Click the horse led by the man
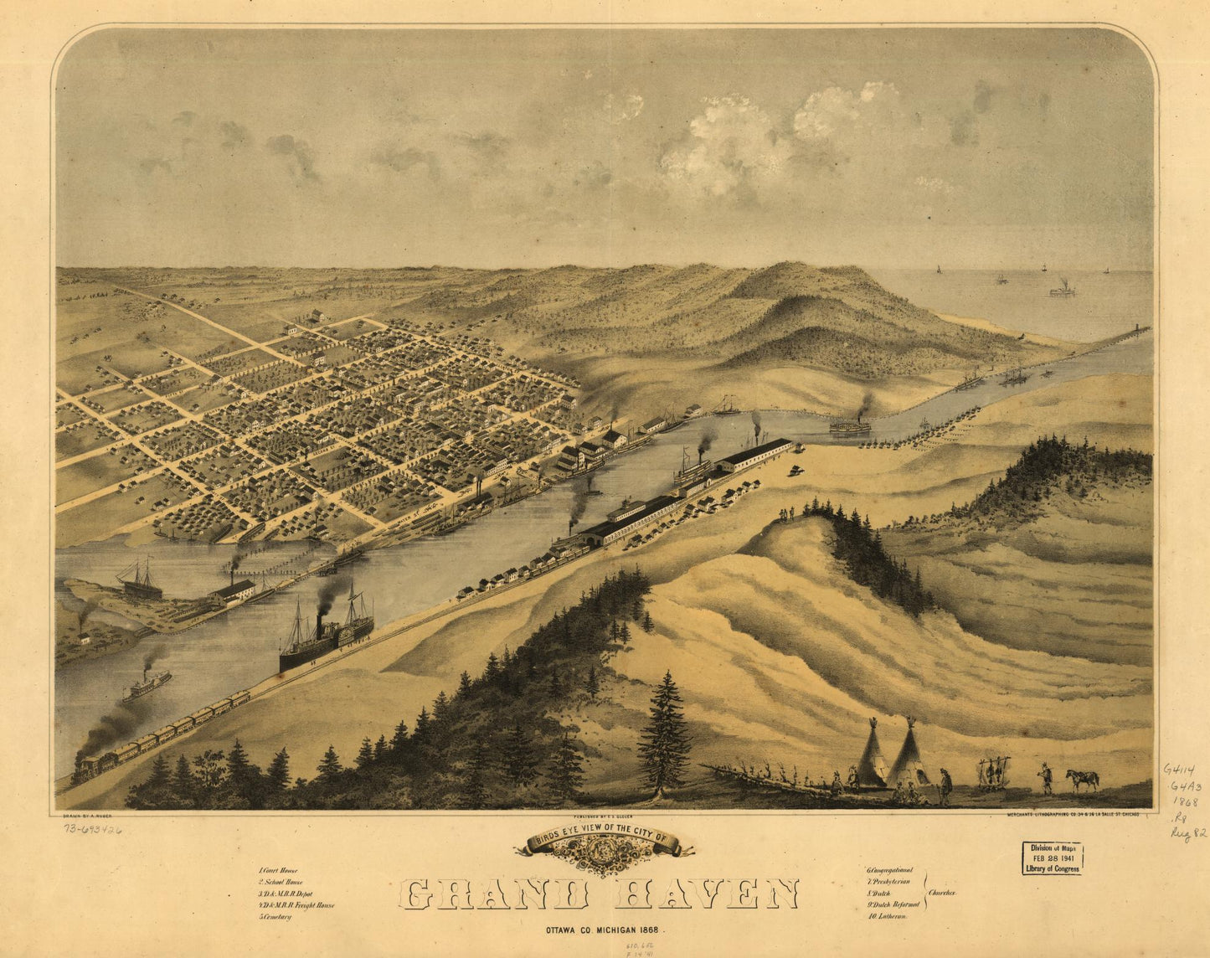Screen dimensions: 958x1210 tap(1082, 779)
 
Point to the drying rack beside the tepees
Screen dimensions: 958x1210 tap(994, 772)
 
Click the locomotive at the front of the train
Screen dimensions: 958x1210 tap(85, 767)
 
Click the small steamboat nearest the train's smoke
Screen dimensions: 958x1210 tap(147, 684)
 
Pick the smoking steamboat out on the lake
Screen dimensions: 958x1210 tap(1062, 290)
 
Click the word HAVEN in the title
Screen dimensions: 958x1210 tap(707, 894)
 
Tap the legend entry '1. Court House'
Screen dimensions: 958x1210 tap(278, 871)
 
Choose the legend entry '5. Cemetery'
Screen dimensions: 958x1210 tap(275, 917)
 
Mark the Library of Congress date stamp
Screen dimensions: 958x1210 tap(1052, 858)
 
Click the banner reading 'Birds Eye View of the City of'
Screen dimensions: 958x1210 tap(605, 838)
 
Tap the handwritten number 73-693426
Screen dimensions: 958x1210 tap(92, 829)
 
